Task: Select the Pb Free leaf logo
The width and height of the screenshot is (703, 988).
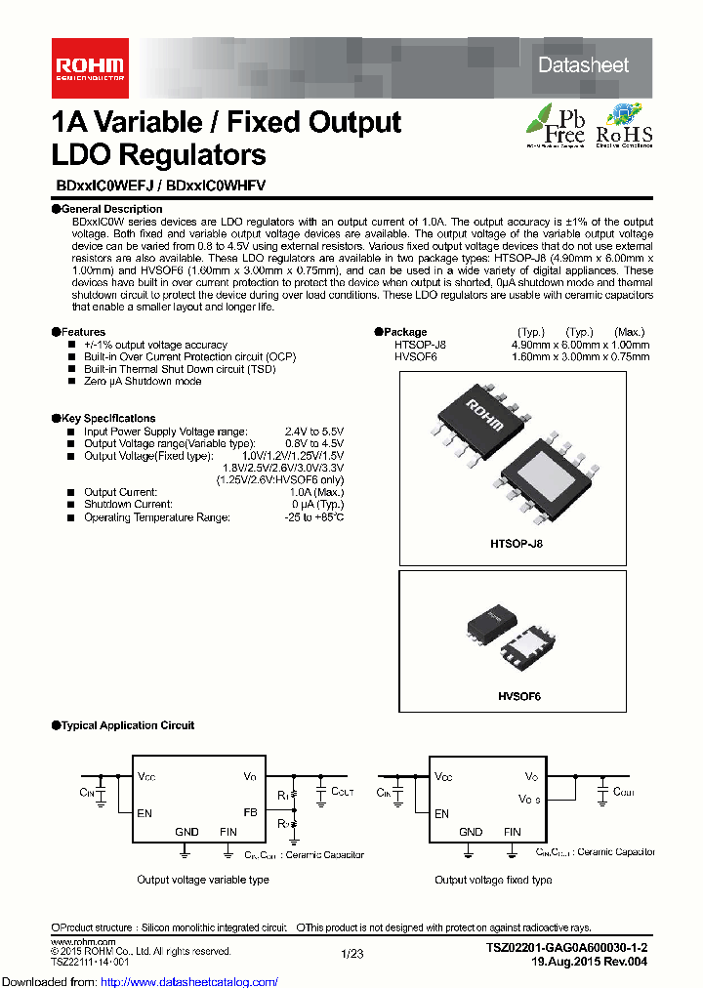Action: pos(555,125)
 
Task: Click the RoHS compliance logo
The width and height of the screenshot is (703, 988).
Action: pos(623,125)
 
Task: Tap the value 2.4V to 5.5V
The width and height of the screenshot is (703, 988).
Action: pos(313,431)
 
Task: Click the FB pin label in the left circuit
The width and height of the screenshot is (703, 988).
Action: pos(251,812)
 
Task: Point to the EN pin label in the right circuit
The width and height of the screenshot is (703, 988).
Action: pos(442,813)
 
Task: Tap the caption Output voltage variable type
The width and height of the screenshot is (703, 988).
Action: pos(202,880)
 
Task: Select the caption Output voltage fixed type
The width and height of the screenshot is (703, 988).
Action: pos(494,880)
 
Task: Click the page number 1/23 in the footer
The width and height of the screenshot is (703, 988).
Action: pos(351,954)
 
